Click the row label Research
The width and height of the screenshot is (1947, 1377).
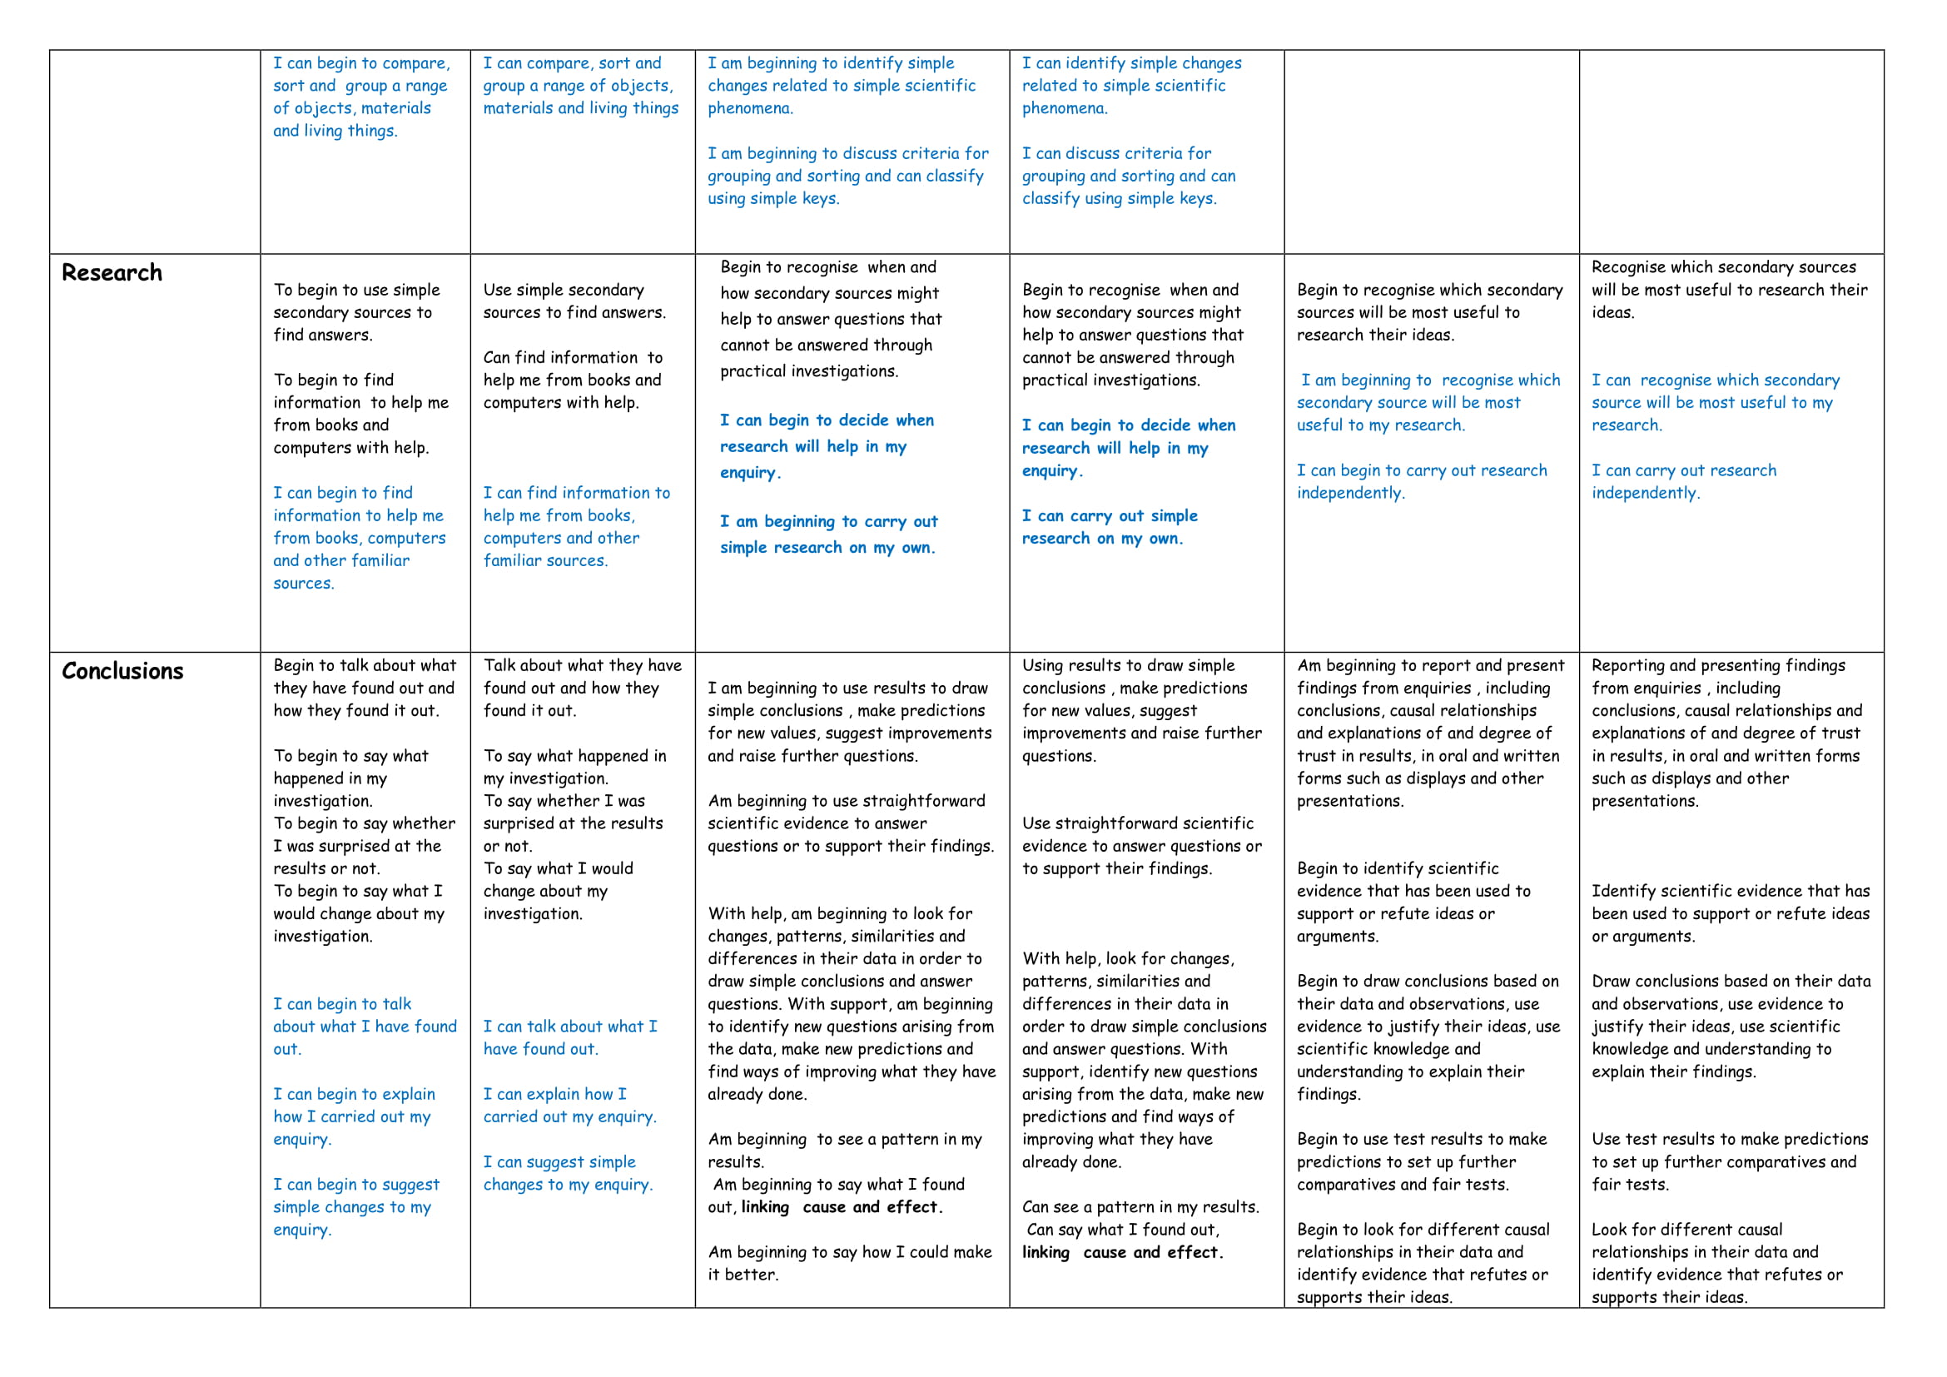click(112, 273)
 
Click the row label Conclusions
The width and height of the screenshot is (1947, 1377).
click(122, 672)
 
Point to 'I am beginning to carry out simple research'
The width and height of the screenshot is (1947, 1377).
click(827, 534)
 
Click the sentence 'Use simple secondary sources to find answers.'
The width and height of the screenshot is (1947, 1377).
click(574, 301)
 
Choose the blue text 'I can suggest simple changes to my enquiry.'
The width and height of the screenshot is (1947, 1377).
click(568, 1174)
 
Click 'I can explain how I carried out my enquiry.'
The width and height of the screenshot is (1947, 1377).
click(569, 1106)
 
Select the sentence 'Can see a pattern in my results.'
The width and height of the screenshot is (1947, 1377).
click(1140, 1206)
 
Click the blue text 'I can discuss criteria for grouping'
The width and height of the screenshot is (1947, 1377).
click(1128, 176)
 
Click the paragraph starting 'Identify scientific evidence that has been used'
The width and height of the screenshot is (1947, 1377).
click(1730, 913)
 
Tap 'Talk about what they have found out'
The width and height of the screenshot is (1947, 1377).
click(582, 688)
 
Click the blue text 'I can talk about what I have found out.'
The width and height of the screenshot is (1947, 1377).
click(569, 1038)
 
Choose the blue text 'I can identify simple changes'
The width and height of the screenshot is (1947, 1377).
click(1130, 86)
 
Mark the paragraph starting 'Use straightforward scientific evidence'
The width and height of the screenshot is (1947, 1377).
click(1140, 845)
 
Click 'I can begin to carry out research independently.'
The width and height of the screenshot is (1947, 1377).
click(1421, 481)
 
